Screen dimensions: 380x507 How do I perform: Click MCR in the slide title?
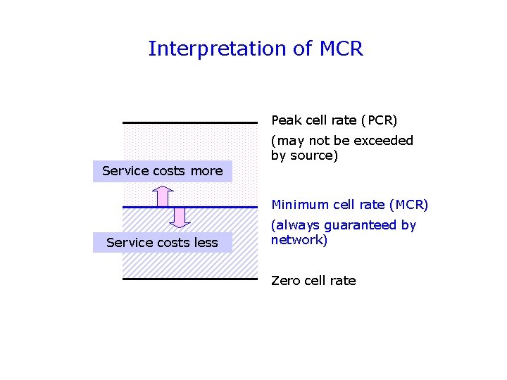pos(341,49)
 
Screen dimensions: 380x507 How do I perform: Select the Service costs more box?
pos(163,171)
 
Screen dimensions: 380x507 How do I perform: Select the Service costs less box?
pos(162,243)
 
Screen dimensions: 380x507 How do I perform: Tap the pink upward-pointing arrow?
pos(163,195)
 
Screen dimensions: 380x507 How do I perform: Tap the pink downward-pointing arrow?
pos(181,217)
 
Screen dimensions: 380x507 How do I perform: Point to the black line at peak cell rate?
pos(190,122)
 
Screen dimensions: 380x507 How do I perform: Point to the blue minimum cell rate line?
pos(190,207)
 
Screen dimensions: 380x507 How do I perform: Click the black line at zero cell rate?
pos(190,279)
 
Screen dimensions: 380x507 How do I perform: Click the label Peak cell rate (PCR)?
pos(334,121)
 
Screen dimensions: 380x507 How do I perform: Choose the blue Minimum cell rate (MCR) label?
pos(350,205)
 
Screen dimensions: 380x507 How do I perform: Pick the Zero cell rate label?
pos(313,281)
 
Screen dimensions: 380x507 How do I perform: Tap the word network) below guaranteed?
pos(299,240)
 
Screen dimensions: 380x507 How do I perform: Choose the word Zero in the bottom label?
pos(286,281)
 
